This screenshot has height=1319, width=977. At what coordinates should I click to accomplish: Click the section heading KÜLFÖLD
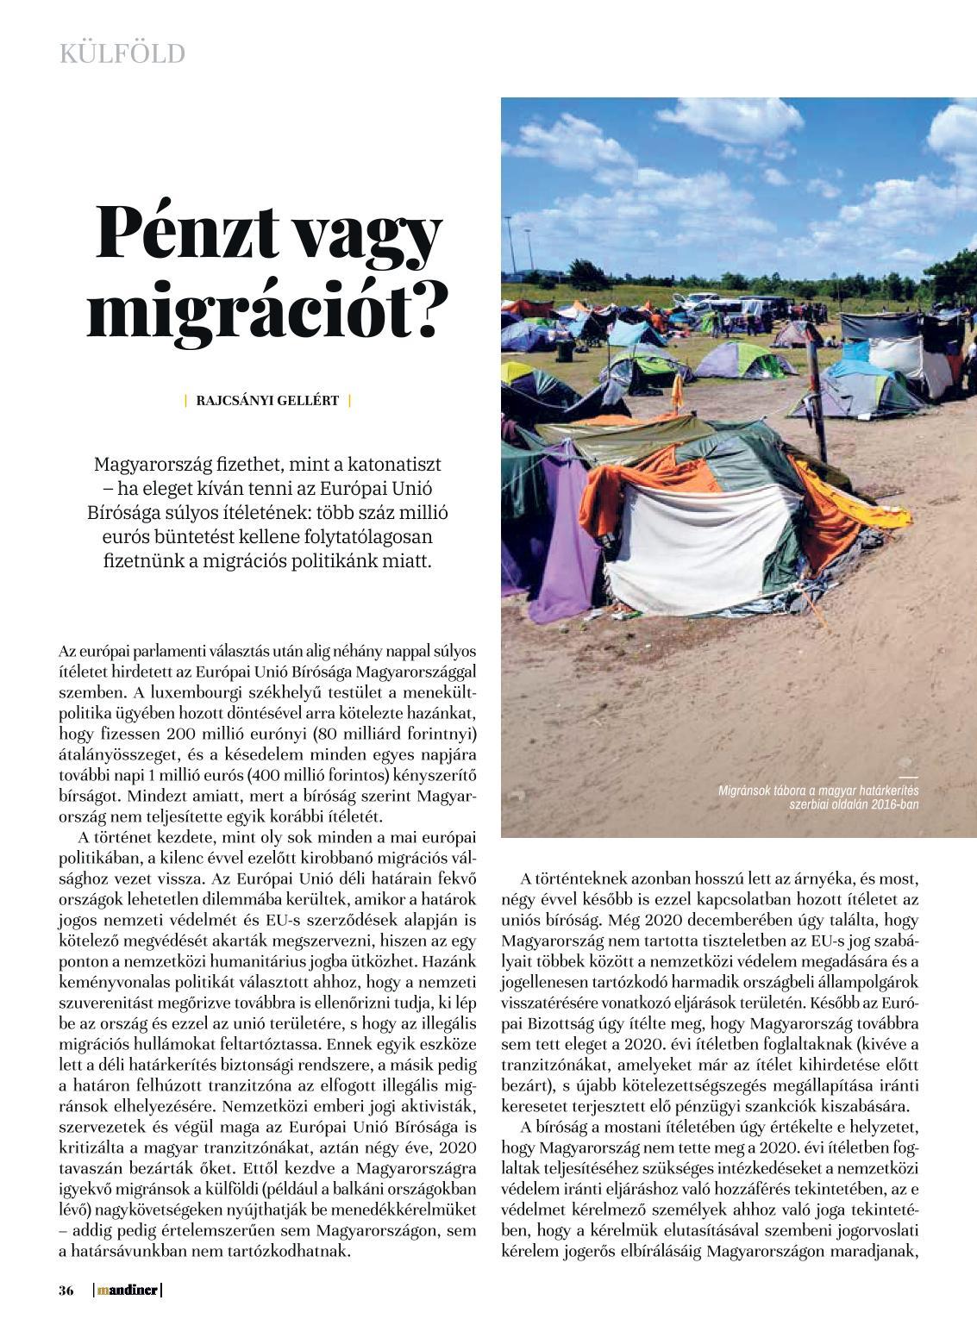(x=122, y=54)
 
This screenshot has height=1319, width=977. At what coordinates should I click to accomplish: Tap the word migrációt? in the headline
(x=268, y=311)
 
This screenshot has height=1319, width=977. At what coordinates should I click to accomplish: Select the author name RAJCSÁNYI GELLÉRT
(x=267, y=400)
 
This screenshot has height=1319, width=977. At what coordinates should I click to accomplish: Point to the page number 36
(x=66, y=1291)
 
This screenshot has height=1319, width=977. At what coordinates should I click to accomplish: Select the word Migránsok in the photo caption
(x=748, y=791)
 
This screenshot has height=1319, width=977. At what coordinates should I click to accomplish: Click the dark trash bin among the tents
(x=564, y=351)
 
